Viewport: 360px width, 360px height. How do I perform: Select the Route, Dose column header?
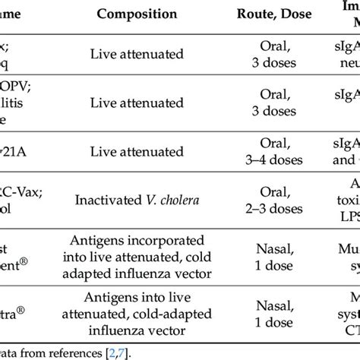click(281, 14)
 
